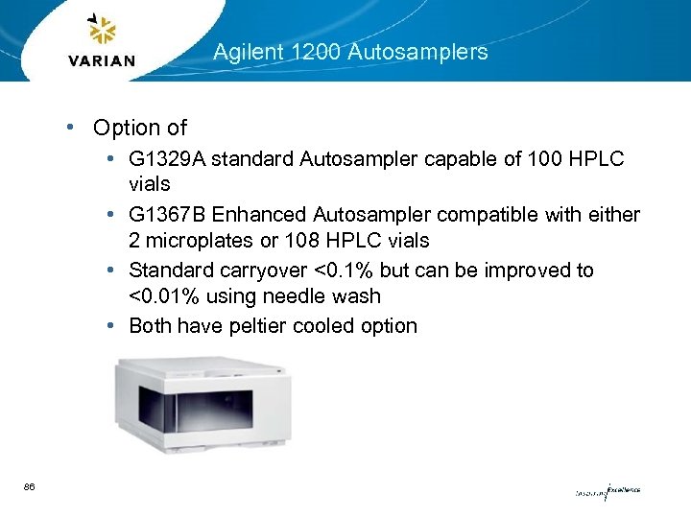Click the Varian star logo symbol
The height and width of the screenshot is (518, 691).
pos(101,32)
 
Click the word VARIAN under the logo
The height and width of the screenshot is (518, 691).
pos(102,61)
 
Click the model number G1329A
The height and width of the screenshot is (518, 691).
pos(166,158)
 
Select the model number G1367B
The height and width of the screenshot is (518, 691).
pos(166,215)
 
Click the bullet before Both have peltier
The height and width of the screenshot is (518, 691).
pos(113,325)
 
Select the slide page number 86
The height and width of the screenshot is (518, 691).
pos(30,487)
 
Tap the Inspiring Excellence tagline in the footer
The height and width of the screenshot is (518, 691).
pos(607,492)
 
